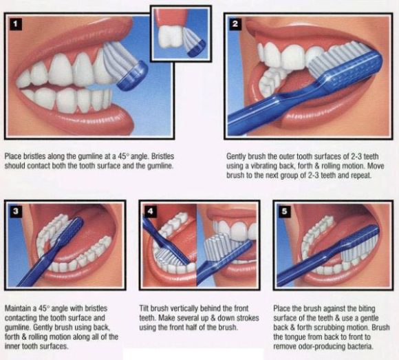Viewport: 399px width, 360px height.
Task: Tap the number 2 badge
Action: pos(235,25)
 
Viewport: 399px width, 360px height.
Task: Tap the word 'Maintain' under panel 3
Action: pos(18,308)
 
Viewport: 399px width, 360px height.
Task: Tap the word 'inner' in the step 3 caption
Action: pos(12,347)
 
